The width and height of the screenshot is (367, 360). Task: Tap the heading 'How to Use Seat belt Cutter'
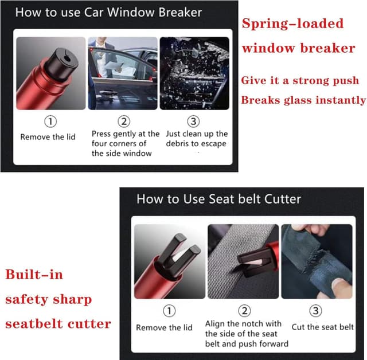218,199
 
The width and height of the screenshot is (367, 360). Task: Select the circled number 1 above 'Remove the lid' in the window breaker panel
52,122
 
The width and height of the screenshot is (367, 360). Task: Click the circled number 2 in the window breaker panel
124,121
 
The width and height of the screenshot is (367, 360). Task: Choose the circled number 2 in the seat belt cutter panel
245,311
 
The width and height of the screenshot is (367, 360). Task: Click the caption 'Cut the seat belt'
323,327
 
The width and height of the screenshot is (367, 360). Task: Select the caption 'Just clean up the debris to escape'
196,139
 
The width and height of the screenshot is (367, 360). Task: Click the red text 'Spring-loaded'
292,24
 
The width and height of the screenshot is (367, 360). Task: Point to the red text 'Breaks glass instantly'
303,100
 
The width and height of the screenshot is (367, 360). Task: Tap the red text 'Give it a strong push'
299,80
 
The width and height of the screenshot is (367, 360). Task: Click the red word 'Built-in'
34,275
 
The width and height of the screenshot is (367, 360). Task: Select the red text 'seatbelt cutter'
58,324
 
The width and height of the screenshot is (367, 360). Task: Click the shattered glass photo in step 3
194,73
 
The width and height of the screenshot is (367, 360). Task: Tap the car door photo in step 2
123,73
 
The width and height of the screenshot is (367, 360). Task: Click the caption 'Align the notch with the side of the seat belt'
244,334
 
